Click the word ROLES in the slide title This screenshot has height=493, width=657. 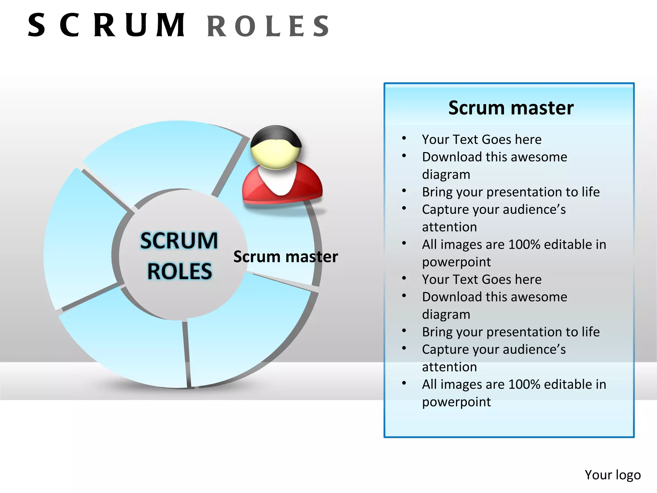click(268, 26)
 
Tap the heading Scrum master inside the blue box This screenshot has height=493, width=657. click(511, 108)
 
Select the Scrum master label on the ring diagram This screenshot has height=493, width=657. click(286, 257)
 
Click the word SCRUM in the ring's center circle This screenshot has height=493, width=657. click(179, 241)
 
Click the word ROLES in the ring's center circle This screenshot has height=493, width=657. click(180, 272)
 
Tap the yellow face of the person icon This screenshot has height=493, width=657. click(275, 156)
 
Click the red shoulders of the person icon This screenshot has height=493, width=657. click(308, 186)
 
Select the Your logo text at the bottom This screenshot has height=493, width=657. click(612, 475)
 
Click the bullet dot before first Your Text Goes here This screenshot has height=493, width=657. click(404, 138)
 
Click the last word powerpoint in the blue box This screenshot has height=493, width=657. click(456, 402)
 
